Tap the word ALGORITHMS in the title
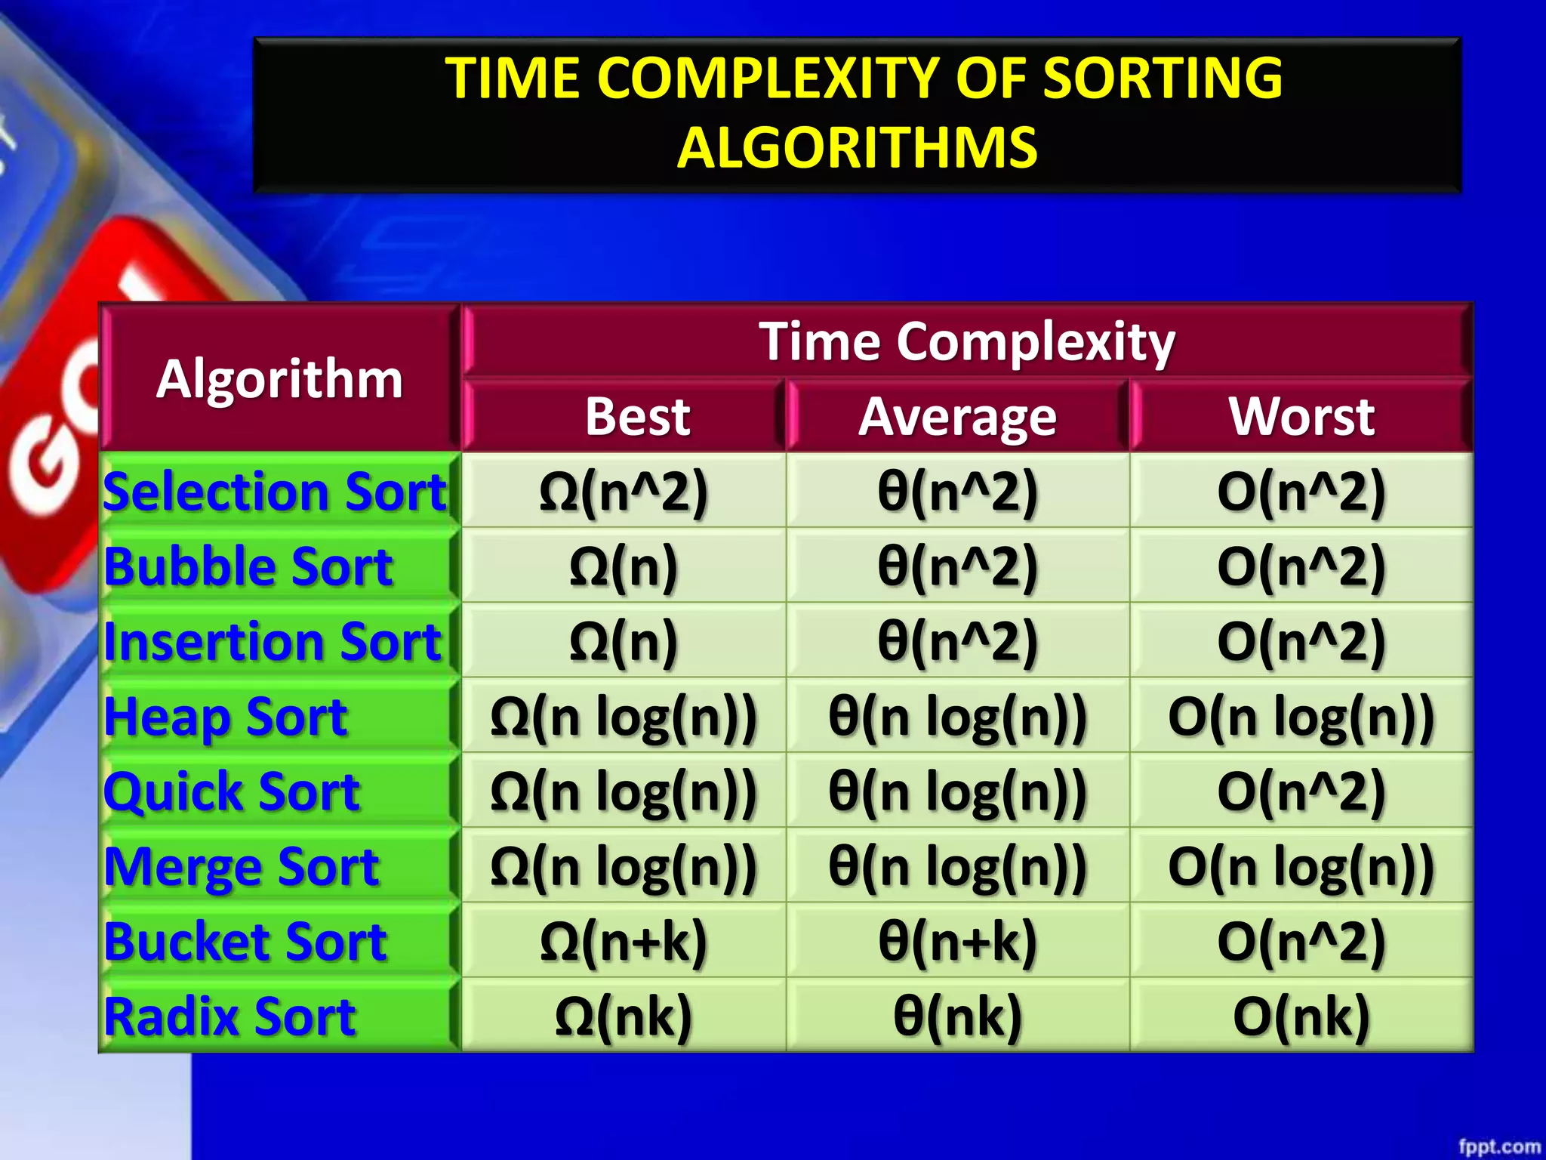(857, 147)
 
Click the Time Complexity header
(967, 341)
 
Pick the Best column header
(638, 416)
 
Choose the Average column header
(957, 416)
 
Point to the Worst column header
(1301, 416)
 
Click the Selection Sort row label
(275, 492)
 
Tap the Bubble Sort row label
(248, 566)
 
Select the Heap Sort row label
(226, 717)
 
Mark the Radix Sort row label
(229, 1017)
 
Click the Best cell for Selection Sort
(624, 492)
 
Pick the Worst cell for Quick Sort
(1301, 791)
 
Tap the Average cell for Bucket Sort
(957, 942)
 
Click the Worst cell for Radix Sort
(1301, 1017)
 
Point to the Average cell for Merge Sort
(957, 866)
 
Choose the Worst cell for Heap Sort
(1301, 717)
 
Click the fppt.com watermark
(1498, 1146)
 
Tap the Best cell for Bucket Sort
(624, 942)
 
